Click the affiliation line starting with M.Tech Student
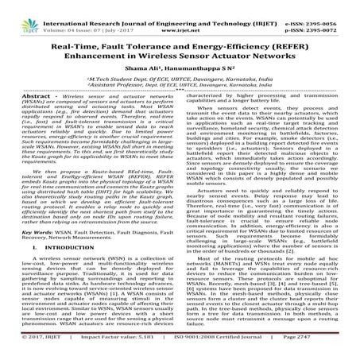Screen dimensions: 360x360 click(180, 82)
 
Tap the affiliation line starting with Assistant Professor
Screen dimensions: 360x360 click(180, 90)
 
